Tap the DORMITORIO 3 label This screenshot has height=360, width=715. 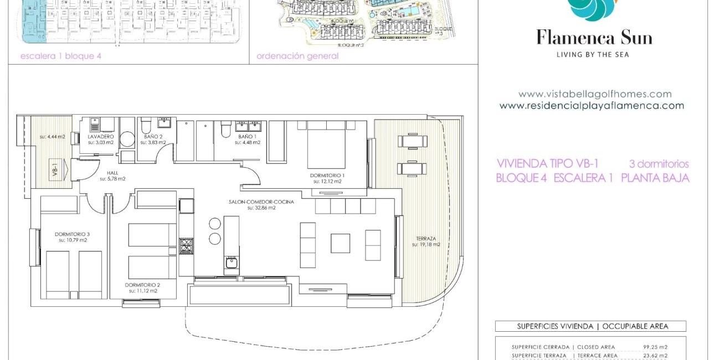[x=72, y=234]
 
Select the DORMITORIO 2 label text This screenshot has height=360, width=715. [x=143, y=285]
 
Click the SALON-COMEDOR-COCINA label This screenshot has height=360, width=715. [x=261, y=202]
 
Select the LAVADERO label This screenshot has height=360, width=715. [x=101, y=136]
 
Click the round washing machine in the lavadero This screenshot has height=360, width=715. [x=127, y=139]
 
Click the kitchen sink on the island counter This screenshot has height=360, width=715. [x=232, y=263]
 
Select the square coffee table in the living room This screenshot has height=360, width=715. [x=340, y=243]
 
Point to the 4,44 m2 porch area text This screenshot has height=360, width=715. [x=52, y=137]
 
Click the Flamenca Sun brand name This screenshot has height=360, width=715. [x=594, y=38]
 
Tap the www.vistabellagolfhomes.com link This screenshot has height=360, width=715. [x=595, y=94]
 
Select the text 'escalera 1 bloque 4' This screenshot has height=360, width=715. [x=61, y=56]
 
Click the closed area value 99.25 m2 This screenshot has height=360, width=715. [x=656, y=347]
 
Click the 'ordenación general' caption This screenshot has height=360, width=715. [x=297, y=56]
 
